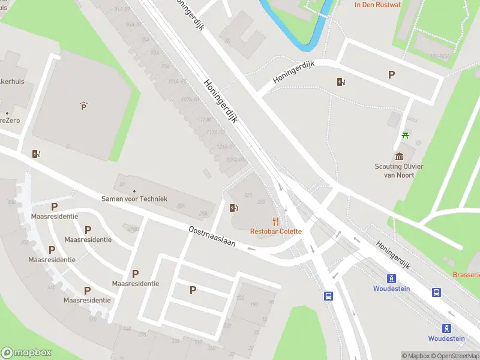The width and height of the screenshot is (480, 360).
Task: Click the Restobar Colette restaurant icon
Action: (275, 221)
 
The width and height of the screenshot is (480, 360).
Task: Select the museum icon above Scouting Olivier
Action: (399, 157)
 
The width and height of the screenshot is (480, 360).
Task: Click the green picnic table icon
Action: (406, 135)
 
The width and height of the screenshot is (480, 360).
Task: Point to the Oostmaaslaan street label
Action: (212, 238)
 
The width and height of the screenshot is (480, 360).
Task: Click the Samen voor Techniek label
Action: (134, 199)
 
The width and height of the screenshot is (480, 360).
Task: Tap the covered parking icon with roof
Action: (83, 106)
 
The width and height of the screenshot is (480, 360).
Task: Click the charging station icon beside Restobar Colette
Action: (233, 208)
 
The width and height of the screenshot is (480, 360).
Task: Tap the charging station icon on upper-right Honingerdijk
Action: (341, 82)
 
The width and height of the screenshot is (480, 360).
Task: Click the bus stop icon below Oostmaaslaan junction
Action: (329, 296)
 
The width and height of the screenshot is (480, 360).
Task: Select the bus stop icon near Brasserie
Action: (436, 292)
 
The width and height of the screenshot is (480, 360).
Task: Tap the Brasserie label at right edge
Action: (467, 274)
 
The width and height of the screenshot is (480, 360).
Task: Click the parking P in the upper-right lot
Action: (392, 75)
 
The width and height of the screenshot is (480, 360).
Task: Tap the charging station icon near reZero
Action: (36, 154)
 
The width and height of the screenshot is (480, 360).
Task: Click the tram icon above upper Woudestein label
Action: (391, 278)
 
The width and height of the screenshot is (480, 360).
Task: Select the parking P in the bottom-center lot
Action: (193, 290)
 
